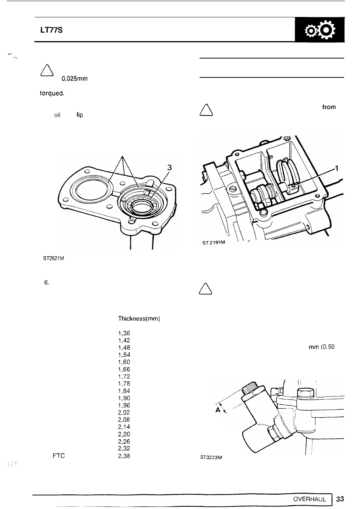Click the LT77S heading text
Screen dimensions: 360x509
(x=51, y=30)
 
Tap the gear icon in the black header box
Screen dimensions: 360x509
(x=320, y=30)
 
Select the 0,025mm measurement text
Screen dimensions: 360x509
(x=74, y=79)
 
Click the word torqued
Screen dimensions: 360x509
(x=52, y=93)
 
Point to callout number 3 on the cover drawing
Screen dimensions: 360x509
(x=169, y=168)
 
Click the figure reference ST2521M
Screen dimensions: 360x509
(x=54, y=258)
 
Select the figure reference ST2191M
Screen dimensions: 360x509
(x=214, y=242)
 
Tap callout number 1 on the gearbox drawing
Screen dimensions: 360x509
(x=337, y=168)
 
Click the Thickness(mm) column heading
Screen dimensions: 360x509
(x=139, y=319)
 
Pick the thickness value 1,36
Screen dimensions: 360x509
(x=124, y=333)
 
